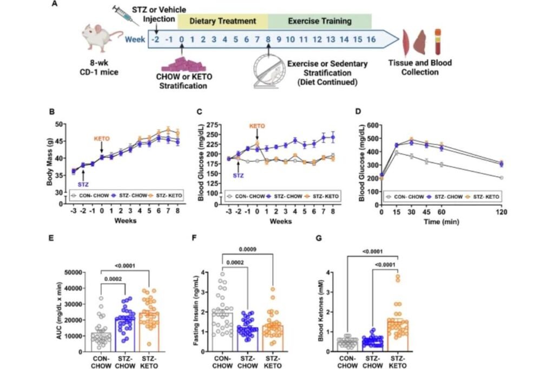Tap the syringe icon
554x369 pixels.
click(126, 16)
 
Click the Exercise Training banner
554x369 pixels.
click(319, 22)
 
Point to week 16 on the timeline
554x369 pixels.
click(371, 39)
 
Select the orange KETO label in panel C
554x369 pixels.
click(258, 126)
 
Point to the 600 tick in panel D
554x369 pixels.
click(371, 125)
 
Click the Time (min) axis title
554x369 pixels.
click(440, 222)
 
